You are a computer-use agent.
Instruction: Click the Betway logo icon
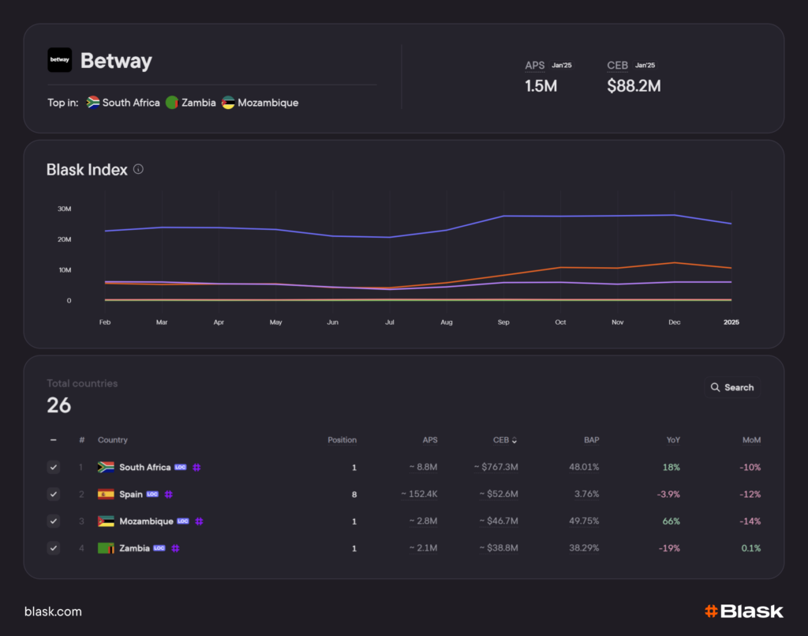[x=60, y=60]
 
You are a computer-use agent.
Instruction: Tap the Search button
[x=731, y=387]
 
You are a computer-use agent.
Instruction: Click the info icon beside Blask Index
[x=139, y=169]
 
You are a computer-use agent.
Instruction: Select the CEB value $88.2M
[x=634, y=86]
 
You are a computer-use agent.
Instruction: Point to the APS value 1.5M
[x=541, y=86]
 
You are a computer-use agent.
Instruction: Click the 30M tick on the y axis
[x=64, y=209]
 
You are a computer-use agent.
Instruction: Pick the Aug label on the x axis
[x=447, y=322]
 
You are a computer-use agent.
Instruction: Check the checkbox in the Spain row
[x=53, y=495]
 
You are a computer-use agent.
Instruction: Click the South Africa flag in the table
[x=106, y=468]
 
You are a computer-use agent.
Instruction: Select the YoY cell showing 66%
[x=671, y=521]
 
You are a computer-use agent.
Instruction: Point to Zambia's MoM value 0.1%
[x=751, y=548]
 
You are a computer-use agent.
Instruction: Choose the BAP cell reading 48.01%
[x=584, y=468]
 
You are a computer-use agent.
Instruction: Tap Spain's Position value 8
[x=353, y=495]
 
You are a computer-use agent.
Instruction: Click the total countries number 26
[x=59, y=405]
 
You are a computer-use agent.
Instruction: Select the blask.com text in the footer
[x=53, y=612]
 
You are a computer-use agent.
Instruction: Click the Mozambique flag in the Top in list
[x=228, y=103]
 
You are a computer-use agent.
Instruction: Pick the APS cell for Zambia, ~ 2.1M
[x=423, y=548]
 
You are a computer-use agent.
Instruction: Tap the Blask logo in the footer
[x=743, y=611]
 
